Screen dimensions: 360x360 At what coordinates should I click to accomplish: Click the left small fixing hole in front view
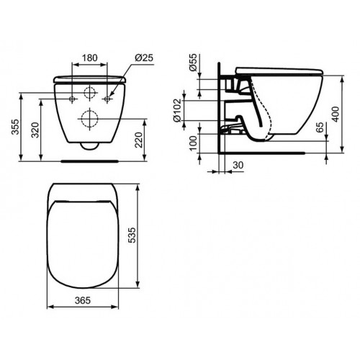(74, 96)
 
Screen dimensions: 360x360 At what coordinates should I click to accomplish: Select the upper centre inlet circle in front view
(90, 93)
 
